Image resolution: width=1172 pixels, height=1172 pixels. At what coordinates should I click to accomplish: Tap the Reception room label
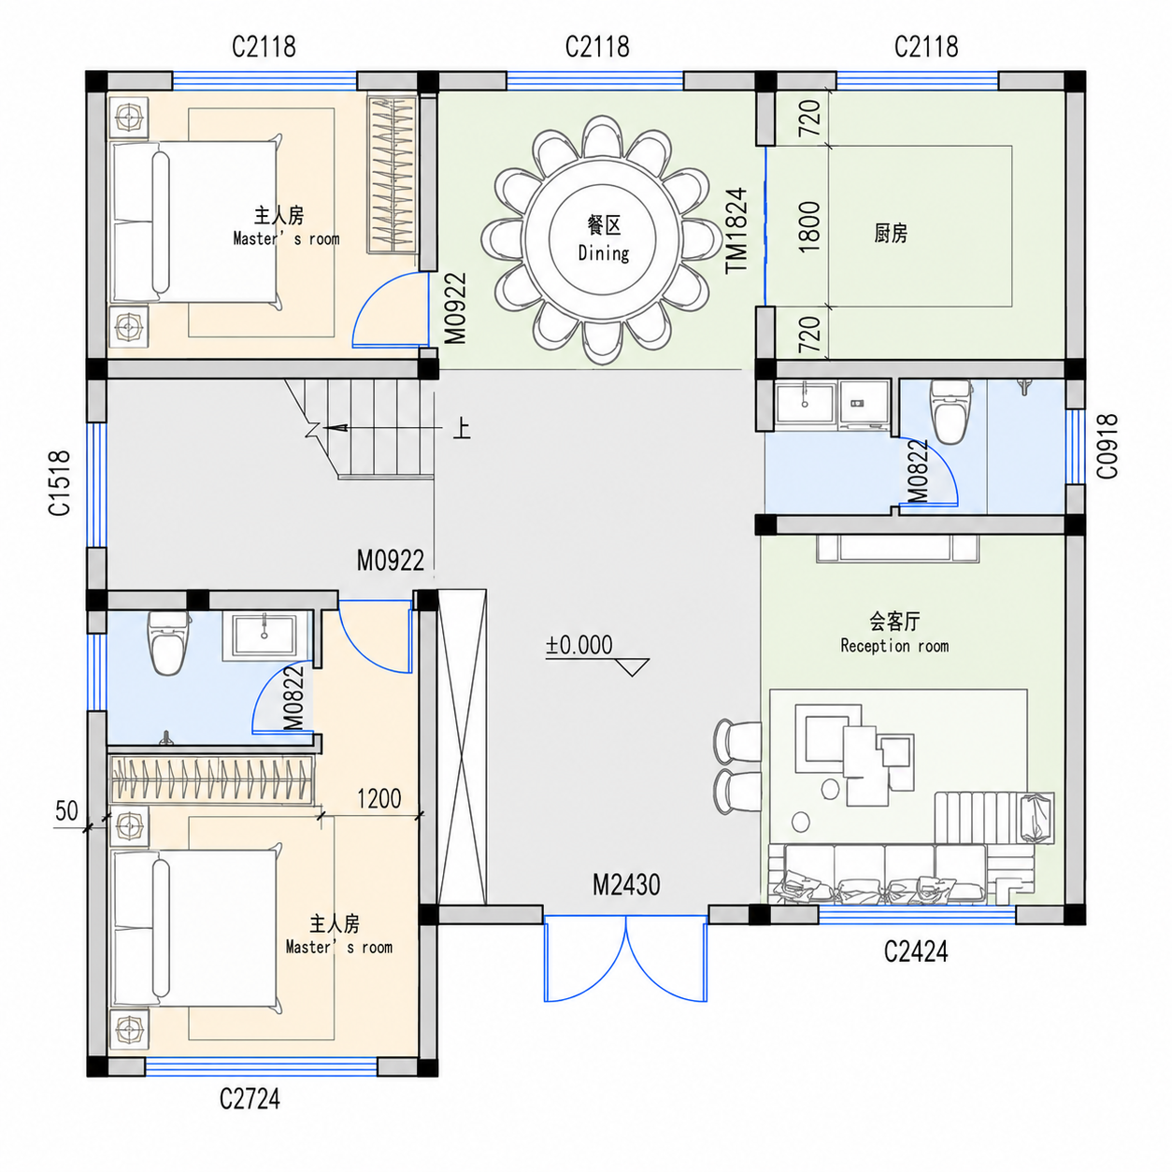click(x=894, y=646)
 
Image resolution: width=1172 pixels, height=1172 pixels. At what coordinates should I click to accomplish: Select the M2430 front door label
click(x=626, y=885)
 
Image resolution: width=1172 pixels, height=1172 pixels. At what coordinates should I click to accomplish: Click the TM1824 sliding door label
click(x=736, y=231)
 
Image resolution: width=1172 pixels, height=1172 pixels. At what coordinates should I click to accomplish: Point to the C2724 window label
click(x=250, y=1099)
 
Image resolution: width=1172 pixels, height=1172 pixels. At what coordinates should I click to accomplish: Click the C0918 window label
click(x=1107, y=447)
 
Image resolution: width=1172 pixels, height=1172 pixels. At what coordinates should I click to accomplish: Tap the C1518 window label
click(x=60, y=483)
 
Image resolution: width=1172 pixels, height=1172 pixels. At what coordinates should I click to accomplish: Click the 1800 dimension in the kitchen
click(x=809, y=227)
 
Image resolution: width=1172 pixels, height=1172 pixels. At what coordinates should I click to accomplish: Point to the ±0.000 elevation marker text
click(x=579, y=645)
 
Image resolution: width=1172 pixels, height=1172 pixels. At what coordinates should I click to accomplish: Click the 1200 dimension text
click(x=379, y=798)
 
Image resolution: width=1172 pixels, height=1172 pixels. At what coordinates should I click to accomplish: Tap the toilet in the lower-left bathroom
click(x=168, y=643)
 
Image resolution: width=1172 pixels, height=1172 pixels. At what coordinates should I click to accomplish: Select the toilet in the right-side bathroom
click(x=951, y=412)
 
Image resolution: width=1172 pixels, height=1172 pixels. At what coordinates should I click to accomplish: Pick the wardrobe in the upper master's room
click(x=393, y=175)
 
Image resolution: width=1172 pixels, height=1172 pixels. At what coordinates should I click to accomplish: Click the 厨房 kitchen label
click(x=891, y=233)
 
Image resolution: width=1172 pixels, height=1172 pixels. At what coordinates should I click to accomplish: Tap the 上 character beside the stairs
click(x=463, y=429)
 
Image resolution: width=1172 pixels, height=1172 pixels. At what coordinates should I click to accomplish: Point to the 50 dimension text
click(x=67, y=810)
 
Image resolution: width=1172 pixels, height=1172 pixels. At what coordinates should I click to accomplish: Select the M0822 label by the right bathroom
click(x=918, y=471)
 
